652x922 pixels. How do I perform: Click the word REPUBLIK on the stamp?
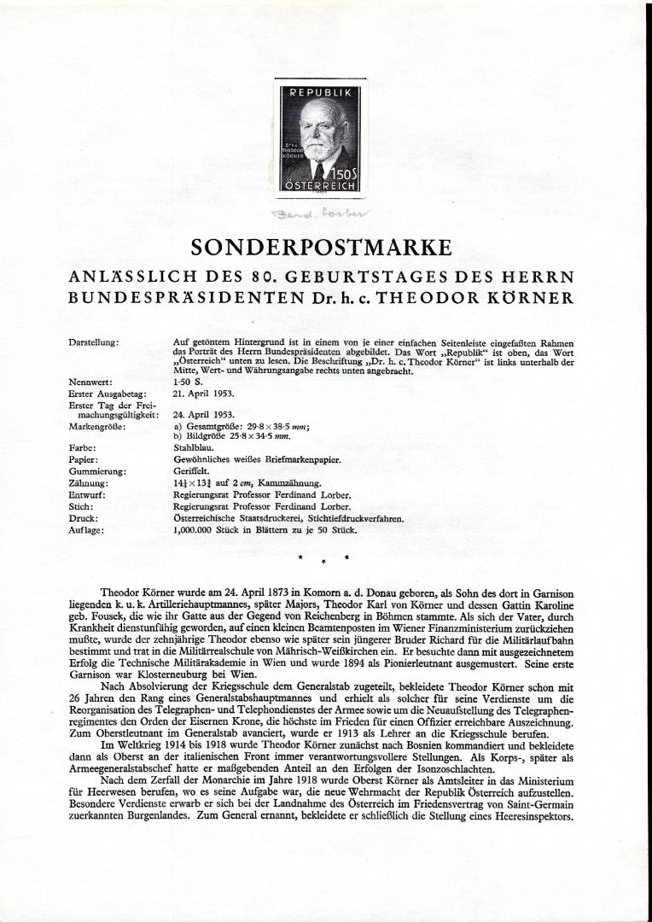click(321, 91)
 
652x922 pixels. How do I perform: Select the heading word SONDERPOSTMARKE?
click(321, 249)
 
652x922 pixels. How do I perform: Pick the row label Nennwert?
click(90, 382)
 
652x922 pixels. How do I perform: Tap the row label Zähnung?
click(89, 482)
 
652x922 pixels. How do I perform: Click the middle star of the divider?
click(323, 563)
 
